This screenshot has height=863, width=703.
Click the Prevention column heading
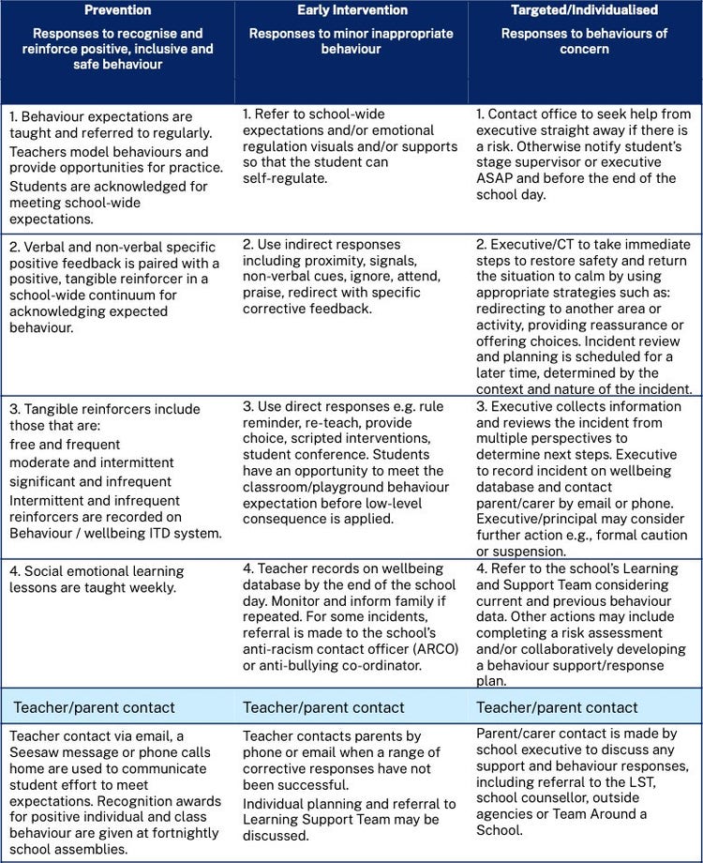117,10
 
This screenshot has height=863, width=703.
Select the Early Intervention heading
351,10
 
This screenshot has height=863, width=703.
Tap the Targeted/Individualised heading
585,10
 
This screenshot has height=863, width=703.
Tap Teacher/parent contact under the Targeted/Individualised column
558,706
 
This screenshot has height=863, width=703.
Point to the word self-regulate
284,178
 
